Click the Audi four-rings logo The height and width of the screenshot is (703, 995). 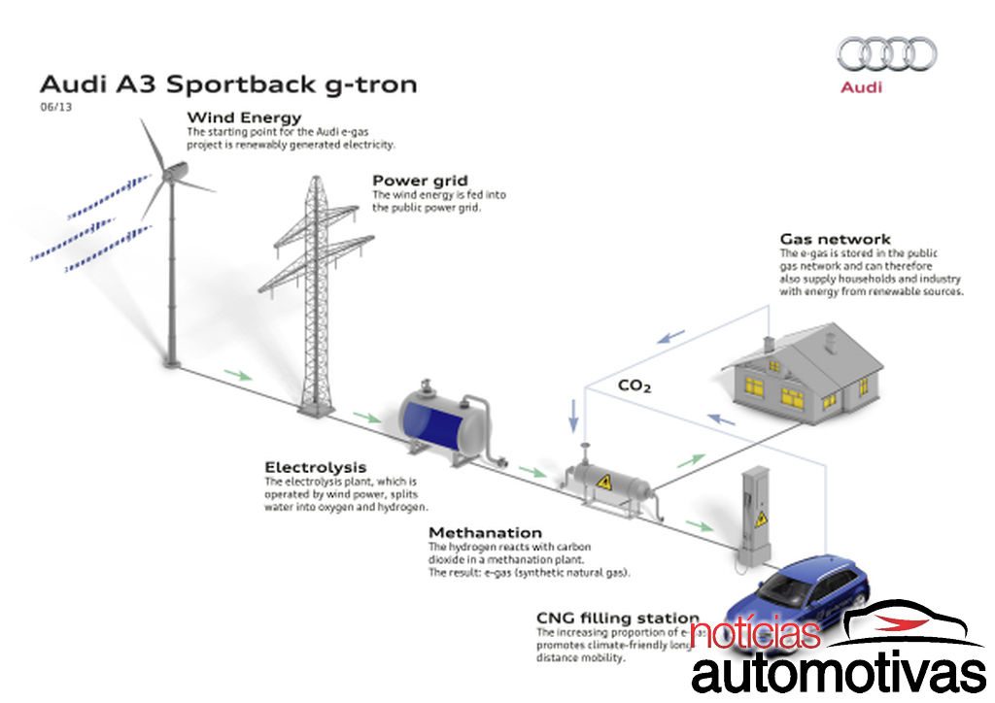[x=886, y=54]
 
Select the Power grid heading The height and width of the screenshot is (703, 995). [x=420, y=181]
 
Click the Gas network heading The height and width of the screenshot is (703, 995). [x=835, y=239]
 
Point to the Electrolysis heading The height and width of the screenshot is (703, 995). [x=315, y=467]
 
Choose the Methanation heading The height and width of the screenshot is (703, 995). [x=485, y=533]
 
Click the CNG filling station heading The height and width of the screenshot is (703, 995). [x=617, y=618]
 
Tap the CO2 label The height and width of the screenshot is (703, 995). [x=635, y=385]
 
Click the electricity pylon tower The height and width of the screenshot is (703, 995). [x=314, y=291]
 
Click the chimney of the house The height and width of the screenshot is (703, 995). [x=768, y=345]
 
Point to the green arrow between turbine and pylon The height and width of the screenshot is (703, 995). [x=237, y=374]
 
